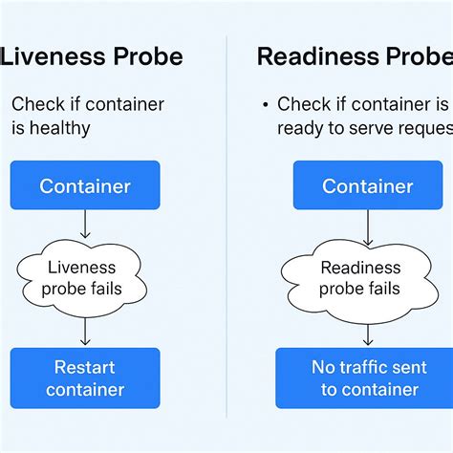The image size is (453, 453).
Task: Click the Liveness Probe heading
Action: (x=91, y=56)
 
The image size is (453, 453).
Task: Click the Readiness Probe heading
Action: (x=355, y=56)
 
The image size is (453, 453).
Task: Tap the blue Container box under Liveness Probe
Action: (x=85, y=185)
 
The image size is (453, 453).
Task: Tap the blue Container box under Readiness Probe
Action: (x=368, y=185)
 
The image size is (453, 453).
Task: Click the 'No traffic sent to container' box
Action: (x=369, y=377)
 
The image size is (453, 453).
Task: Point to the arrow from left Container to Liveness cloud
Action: (x=85, y=224)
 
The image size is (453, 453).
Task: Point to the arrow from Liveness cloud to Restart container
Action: (x=85, y=330)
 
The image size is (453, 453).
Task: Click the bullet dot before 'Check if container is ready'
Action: (x=265, y=104)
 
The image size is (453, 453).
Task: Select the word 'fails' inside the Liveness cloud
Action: (x=103, y=288)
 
